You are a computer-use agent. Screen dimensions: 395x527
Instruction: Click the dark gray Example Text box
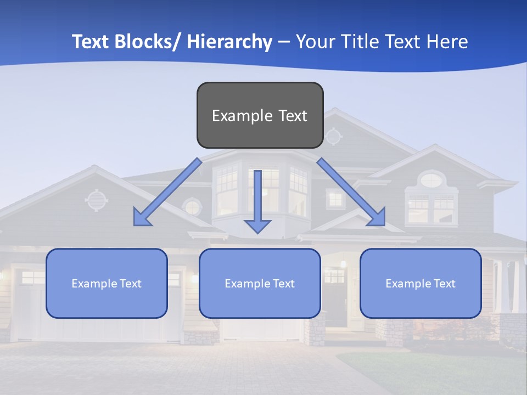[x=260, y=115]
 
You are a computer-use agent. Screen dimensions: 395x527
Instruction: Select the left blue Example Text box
[x=106, y=283]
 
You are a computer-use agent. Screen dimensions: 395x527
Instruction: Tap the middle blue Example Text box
[x=260, y=283]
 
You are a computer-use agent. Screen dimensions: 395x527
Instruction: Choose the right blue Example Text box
[x=421, y=283]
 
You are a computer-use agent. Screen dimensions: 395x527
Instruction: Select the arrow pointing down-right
[x=351, y=193]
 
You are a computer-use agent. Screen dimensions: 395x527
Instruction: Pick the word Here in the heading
[x=447, y=42]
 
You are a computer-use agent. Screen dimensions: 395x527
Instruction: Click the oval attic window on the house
[x=432, y=179]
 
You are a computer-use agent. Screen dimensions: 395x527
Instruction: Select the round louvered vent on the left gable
[x=96, y=200]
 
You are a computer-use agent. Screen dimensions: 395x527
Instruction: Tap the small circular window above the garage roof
[x=192, y=207]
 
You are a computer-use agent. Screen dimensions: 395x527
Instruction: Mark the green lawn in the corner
[x=439, y=373]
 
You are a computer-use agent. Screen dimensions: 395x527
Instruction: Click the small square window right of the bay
[x=334, y=199]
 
